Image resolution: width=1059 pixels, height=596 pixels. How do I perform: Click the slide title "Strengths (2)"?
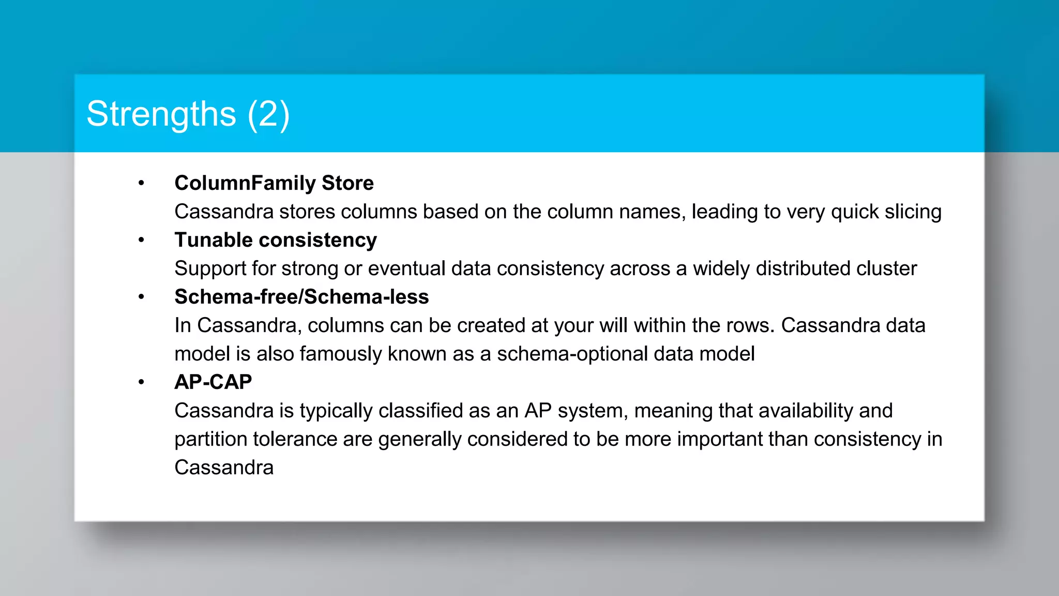click(188, 114)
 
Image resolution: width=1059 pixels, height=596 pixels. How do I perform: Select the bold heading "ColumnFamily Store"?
click(274, 183)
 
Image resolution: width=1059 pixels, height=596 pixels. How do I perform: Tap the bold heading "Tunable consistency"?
click(276, 240)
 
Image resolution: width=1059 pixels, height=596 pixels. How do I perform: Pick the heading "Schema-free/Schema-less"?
click(301, 297)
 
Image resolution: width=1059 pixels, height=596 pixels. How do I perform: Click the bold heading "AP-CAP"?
click(213, 382)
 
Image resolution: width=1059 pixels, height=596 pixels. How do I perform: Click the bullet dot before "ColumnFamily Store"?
click(141, 183)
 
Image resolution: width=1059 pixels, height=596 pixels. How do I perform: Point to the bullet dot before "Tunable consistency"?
click(141, 240)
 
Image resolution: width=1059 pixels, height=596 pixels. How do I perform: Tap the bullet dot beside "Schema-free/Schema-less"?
click(141, 297)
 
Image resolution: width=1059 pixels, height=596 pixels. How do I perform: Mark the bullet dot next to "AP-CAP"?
click(141, 382)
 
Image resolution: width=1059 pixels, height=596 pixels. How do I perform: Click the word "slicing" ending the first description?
click(913, 212)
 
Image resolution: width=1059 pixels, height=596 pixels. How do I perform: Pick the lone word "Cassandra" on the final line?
click(224, 468)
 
